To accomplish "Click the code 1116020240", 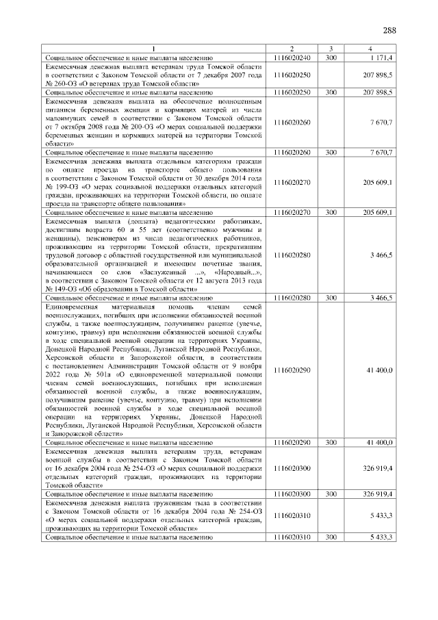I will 291,57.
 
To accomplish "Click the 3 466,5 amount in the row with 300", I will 379,298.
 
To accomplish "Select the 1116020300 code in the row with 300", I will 291,493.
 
